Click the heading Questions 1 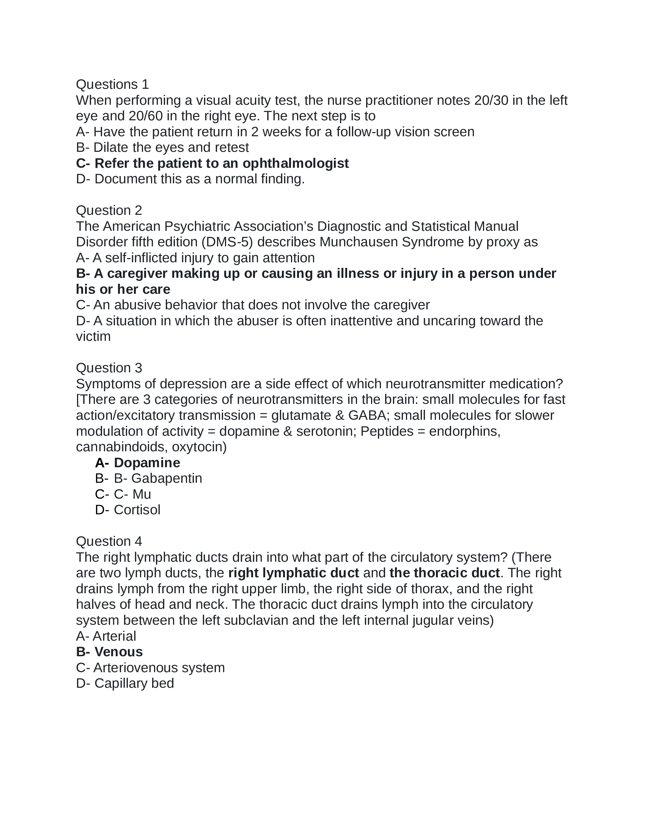point(112,84)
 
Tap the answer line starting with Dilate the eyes point(162,147)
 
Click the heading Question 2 point(109,210)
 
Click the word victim point(93,336)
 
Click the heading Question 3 point(109,368)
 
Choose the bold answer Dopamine point(147,463)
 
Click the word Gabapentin point(167,478)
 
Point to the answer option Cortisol point(137,510)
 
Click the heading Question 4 point(109,541)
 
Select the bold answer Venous point(118,651)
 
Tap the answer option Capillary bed point(134,683)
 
